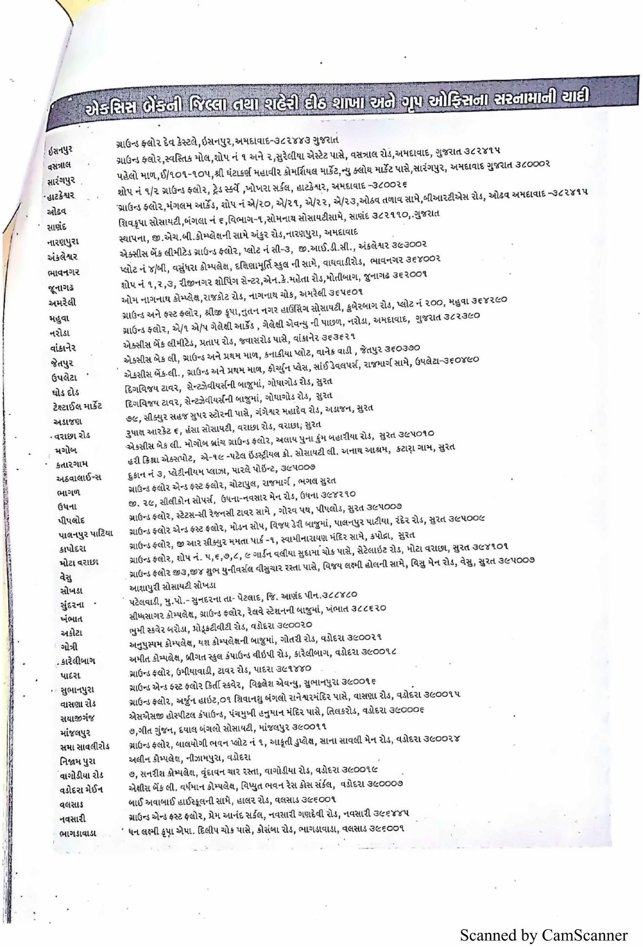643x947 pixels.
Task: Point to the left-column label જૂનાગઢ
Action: (61, 287)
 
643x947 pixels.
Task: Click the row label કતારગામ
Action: (72, 464)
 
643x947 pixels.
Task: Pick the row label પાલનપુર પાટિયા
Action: (86, 534)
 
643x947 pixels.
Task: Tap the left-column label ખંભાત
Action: (71, 619)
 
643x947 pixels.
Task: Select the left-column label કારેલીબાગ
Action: (77, 661)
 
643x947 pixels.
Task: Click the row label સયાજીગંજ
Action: (77, 718)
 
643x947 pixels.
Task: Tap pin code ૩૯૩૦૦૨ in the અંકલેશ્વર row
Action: (409, 245)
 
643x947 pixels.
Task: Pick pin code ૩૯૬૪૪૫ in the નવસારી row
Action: (391, 814)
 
